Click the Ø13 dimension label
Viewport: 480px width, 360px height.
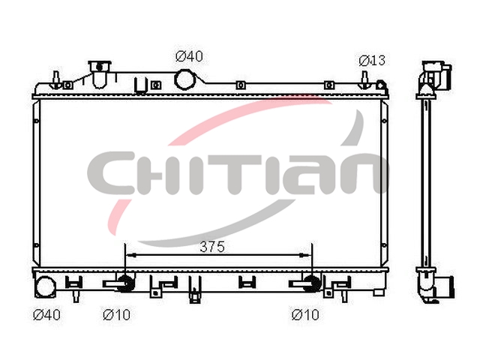[x=372, y=61]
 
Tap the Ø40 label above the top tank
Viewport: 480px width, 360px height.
[x=189, y=56]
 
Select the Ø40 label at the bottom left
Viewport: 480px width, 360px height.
[x=46, y=314]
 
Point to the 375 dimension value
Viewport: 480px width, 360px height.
[x=212, y=247]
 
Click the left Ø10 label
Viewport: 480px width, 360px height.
[x=117, y=314]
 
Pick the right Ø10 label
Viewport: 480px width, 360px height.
[x=305, y=314]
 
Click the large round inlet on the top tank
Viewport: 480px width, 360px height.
[x=184, y=79]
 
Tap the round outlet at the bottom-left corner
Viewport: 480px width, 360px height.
[x=46, y=286]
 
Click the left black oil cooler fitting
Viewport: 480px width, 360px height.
[x=125, y=283]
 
